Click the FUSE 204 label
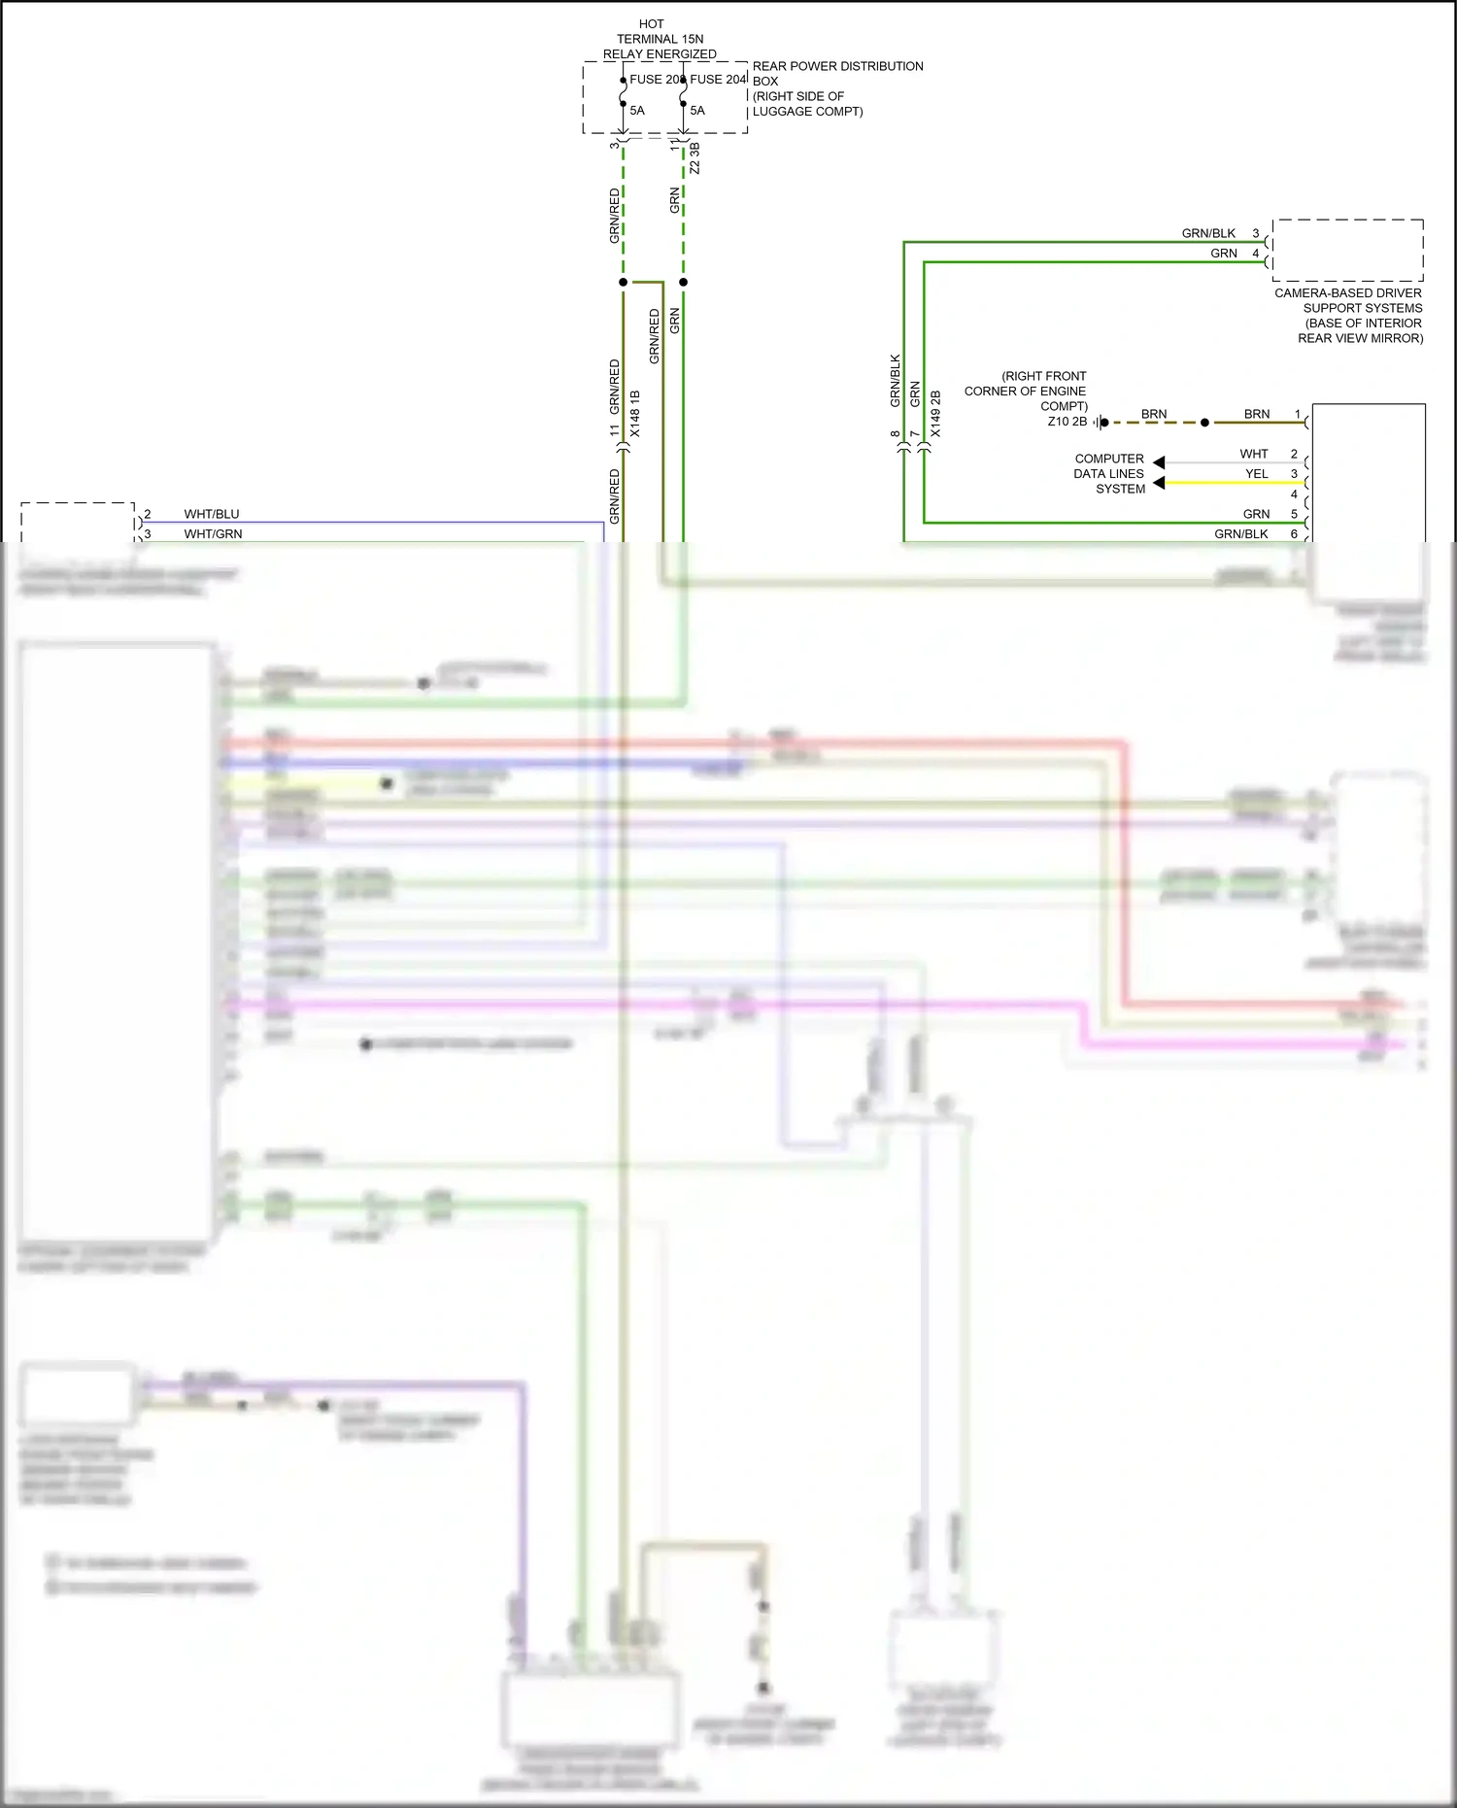pyautogui.click(x=718, y=80)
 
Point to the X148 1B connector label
pyautogui.click(x=635, y=413)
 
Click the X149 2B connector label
pyautogui.click(x=935, y=413)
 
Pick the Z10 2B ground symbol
pyautogui.click(x=1099, y=423)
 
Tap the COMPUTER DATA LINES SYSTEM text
pyautogui.click(x=1109, y=473)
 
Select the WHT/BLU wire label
pyautogui.click(x=212, y=514)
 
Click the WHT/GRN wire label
pyautogui.click(x=213, y=533)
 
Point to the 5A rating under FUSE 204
pyautogui.click(x=697, y=111)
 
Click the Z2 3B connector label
pyautogui.click(x=695, y=158)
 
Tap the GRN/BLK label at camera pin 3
pyautogui.click(x=1208, y=233)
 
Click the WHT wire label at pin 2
pyautogui.click(x=1253, y=454)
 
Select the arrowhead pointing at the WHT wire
pyautogui.click(x=1159, y=462)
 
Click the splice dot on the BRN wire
pyautogui.click(x=1204, y=423)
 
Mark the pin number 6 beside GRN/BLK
pyautogui.click(x=1294, y=533)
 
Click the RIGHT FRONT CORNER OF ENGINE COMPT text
pyautogui.click(x=1026, y=391)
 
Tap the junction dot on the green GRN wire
pyautogui.click(x=683, y=282)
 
